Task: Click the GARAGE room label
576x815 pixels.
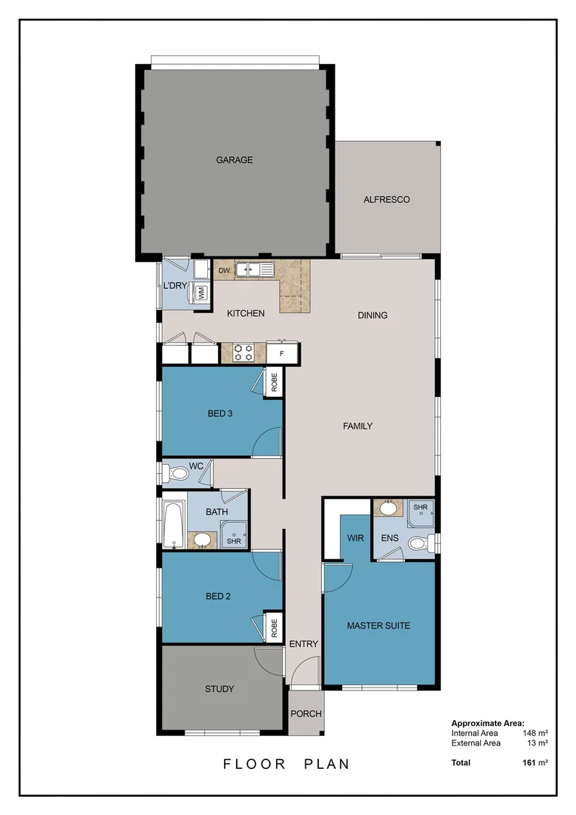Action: click(234, 160)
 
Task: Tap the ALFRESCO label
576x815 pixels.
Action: click(386, 200)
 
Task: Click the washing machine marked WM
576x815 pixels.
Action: click(201, 293)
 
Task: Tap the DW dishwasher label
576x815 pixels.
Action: click(223, 271)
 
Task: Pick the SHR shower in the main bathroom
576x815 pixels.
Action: click(234, 537)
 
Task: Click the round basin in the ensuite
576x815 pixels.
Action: click(388, 508)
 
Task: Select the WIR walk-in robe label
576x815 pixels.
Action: click(355, 537)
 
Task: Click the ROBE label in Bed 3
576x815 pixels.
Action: click(274, 383)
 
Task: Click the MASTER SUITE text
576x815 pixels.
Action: click(378, 626)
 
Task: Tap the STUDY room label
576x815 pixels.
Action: click(219, 689)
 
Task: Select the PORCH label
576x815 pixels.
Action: click(306, 714)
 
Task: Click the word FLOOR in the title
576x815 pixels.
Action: click(254, 764)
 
